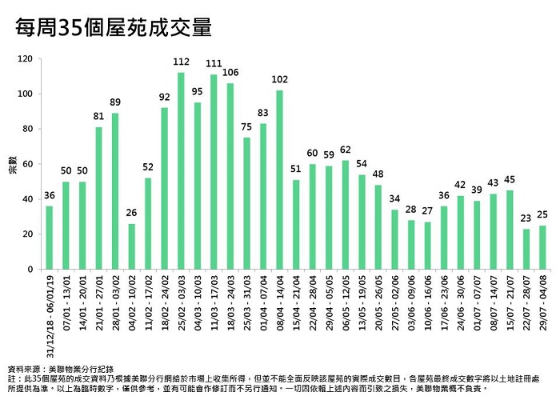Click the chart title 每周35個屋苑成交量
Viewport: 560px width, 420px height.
114,28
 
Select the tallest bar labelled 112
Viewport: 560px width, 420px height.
181,171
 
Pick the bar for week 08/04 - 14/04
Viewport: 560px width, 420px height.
279,180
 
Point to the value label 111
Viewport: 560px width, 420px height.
214,64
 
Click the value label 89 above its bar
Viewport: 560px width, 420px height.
115,102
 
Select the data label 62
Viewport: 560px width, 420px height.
345,150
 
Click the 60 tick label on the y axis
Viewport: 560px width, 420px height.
26,164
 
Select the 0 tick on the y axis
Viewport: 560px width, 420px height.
29,270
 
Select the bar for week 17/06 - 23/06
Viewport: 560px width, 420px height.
444,238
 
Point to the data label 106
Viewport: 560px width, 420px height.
230,73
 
